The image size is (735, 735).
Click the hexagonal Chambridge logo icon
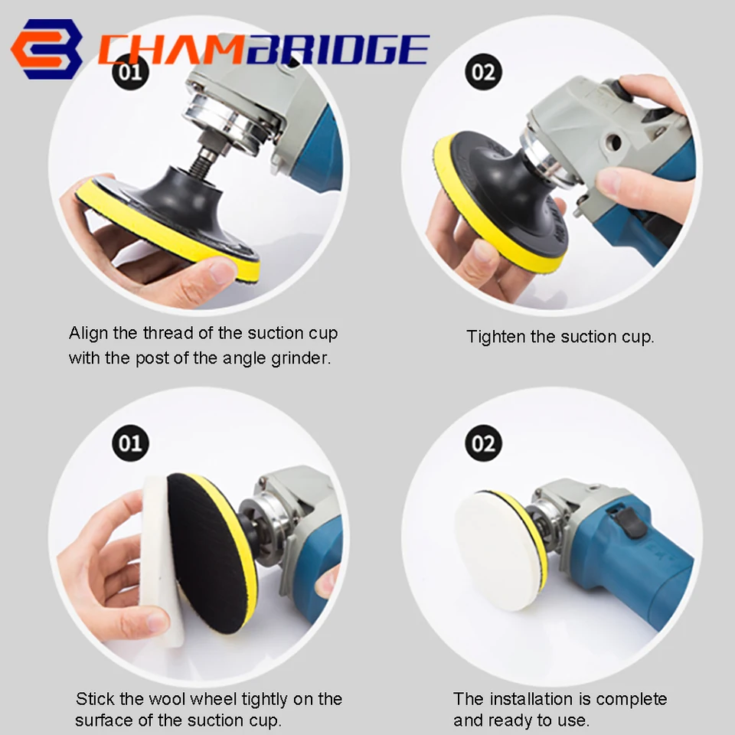pyautogui.click(x=47, y=49)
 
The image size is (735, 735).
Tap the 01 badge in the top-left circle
pyautogui.click(x=130, y=72)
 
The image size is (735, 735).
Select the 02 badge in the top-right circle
pyautogui.click(x=483, y=72)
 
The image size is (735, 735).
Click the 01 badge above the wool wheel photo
pyautogui.click(x=130, y=443)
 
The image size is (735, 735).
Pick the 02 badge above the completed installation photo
pyautogui.click(x=483, y=443)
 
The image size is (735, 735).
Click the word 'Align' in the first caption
pyautogui.click(x=89, y=334)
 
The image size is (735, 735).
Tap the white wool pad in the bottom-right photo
pyautogui.click(x=497, y=550)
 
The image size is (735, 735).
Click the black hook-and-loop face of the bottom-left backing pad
pyautogui.click(x=206, y=553)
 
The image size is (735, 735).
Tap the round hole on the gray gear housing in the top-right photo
pyautogui.click(x=612, y=142)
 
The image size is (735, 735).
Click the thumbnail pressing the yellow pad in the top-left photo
pyautogui.click(x=220, y=272)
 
